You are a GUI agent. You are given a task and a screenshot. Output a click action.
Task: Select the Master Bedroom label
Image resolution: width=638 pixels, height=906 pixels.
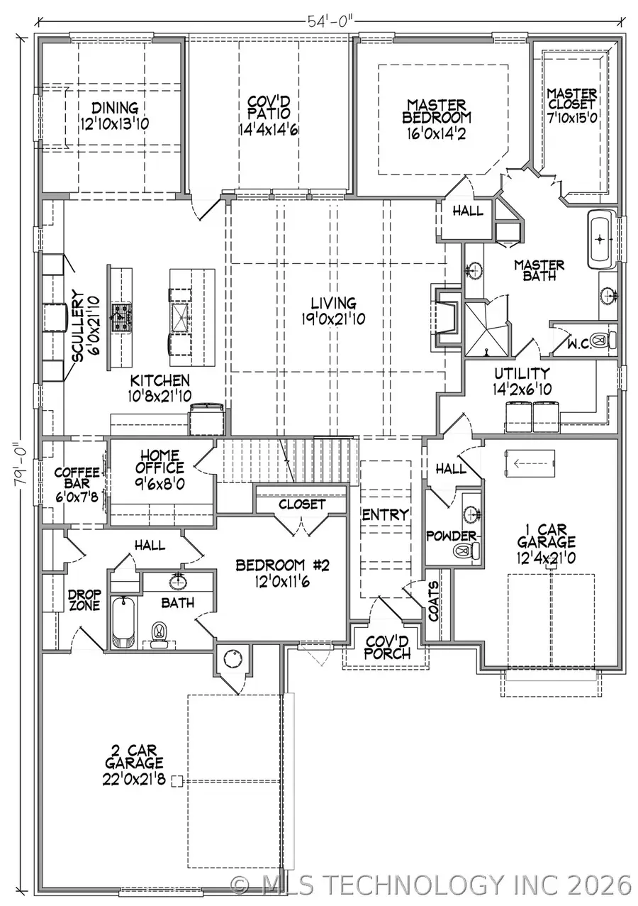tap(437, 111)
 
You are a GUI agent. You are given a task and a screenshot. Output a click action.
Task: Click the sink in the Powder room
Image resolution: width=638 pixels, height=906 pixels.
tap(470, 513)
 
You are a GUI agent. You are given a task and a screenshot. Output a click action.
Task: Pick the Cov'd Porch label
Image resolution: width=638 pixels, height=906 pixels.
tap(387, 646)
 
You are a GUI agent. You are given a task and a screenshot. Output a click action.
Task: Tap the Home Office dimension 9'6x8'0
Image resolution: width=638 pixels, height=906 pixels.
tap(162, 482)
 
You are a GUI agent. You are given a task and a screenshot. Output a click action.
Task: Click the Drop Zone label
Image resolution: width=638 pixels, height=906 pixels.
tap(84, 600)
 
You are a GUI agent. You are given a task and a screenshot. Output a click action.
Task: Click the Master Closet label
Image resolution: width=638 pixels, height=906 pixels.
tap(571, 104)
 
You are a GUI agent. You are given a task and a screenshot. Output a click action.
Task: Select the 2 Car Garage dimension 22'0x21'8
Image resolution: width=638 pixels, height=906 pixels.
tap(135, 778)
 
